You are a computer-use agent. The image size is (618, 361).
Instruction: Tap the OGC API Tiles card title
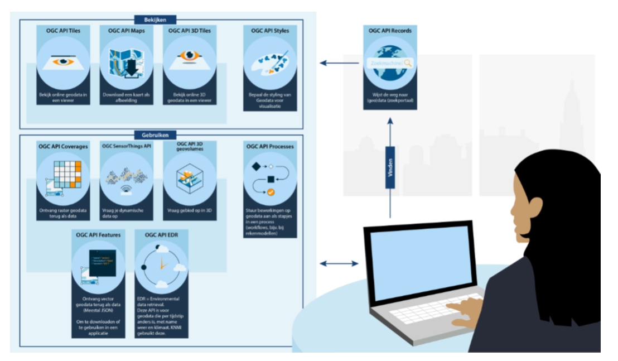[63, 31]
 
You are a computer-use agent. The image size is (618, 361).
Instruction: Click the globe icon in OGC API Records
[390, 62]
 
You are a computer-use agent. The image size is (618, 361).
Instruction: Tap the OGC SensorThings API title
[127, 146]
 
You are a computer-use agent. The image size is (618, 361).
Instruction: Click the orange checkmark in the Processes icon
[271, 192]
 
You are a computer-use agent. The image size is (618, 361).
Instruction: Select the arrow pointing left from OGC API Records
[339, 63]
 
